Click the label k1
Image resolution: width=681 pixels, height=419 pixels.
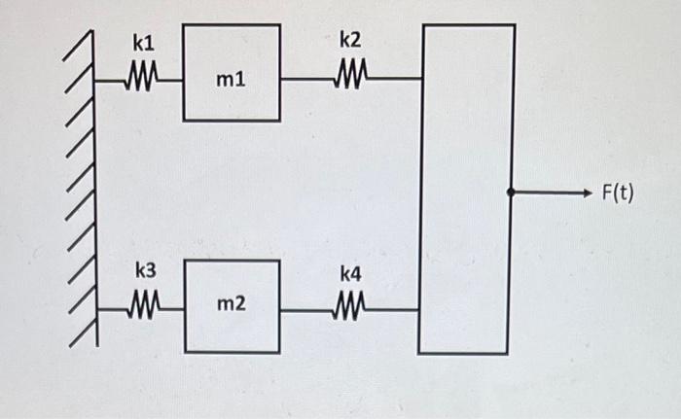144,45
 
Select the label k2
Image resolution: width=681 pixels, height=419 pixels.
350,41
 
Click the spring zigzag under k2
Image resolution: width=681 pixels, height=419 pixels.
350,74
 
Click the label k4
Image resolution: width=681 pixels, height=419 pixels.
350,276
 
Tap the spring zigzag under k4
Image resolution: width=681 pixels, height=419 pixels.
350,309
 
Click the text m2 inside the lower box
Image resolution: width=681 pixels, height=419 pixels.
231,306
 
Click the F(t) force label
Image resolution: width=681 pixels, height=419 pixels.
617,192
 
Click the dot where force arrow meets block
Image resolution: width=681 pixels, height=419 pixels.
511,192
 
